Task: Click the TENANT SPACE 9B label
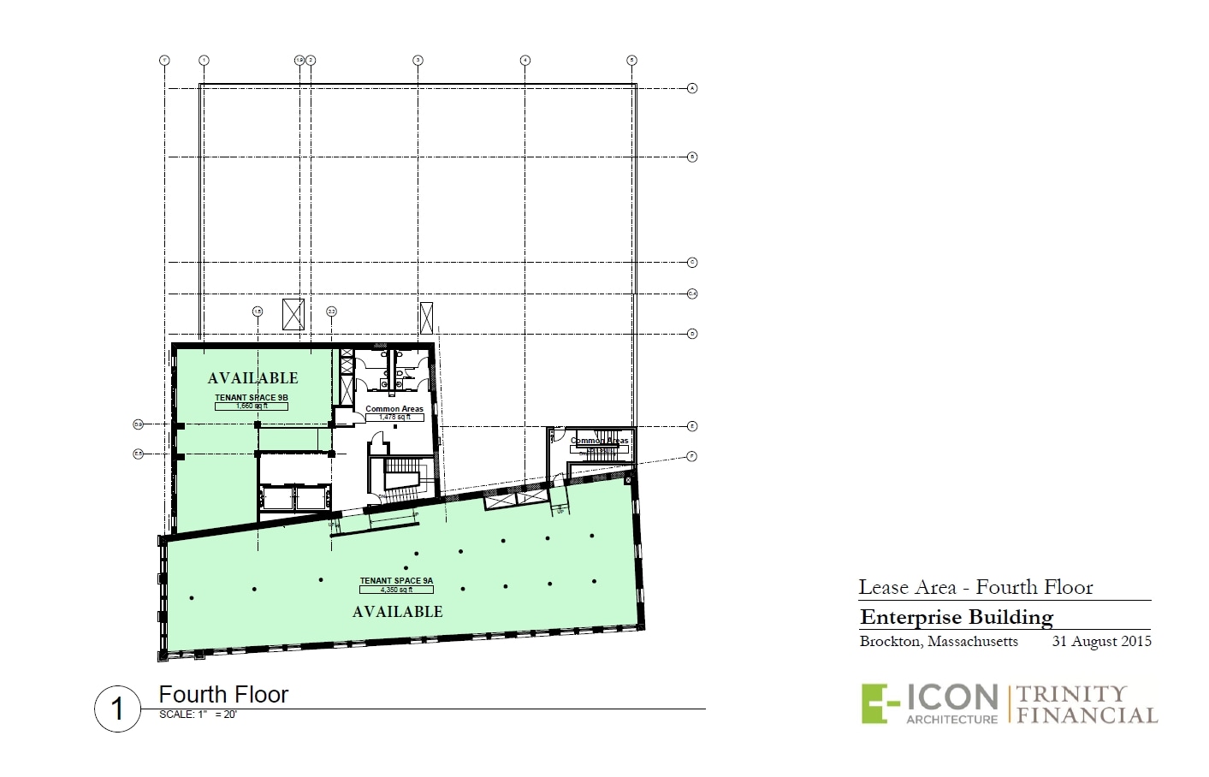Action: click(x=251, y=398)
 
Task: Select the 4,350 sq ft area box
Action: click(x=396, y=590)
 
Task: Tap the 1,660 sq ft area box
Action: click(x=251, y=406)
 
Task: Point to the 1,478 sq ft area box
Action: click(x=394, y=418)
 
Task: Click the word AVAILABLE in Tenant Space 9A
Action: click(x=397, y=612)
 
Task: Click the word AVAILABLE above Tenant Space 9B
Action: click(x=252, y=378)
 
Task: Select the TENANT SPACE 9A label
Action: click(x=396, y=581)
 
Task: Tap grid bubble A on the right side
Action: click(x=692, y=88)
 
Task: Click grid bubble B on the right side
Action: click(x=692, y=157)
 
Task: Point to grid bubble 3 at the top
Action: click(x=418, y=60)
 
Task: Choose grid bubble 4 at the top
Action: click(x=524, y=60)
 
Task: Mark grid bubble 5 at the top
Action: click(x=631, y=60)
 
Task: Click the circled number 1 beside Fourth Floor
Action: click(x=117, y=709)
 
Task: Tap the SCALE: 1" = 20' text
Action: click(x=198, y=715)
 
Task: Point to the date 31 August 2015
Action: click(x=1101, y=642)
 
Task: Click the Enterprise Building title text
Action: click(x=956, y=617)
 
